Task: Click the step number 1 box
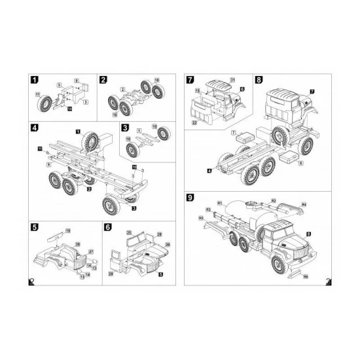(34, 80)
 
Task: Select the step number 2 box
(103, 80)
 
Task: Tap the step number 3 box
(124, 128)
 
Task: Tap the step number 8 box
(259, 80)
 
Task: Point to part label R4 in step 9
(304, 205)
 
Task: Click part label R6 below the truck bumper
(305, 276)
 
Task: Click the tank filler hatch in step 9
(250, 204)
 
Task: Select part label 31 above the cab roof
(232, 79)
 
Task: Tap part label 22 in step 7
(194, 122)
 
